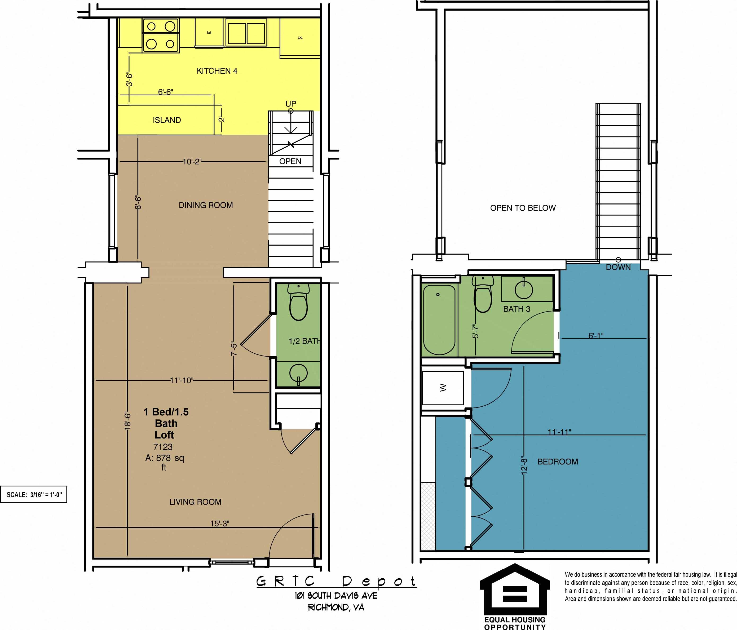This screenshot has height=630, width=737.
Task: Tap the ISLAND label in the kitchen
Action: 167,120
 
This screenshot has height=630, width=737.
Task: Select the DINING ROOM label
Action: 206,205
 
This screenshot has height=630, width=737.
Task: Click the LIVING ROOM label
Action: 195,502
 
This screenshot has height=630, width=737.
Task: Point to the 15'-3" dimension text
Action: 219,523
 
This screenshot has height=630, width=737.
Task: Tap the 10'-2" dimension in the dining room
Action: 192,162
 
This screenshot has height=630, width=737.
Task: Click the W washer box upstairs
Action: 443,388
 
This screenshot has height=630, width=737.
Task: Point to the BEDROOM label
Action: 557,462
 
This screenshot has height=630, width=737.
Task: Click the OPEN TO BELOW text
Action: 523,208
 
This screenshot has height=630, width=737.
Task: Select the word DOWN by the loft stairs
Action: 618,267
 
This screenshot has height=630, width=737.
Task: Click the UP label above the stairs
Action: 291,104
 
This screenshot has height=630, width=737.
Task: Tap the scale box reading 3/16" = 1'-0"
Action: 34,495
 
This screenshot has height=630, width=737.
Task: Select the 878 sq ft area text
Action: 164,458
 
